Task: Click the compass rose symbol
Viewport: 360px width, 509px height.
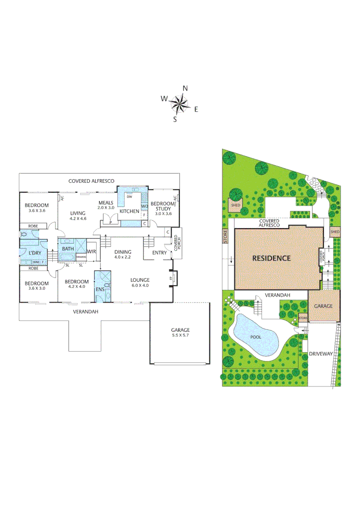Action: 179,103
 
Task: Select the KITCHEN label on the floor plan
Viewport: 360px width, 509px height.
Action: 129,212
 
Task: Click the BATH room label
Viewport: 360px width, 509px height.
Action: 68,249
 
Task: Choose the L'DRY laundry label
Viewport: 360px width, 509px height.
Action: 34,254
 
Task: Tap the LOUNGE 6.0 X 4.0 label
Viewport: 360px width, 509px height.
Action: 139,283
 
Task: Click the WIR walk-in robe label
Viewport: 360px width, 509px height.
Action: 91,252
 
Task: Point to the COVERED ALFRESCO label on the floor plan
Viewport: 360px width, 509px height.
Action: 91,181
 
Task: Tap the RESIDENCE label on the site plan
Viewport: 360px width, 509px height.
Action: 271,258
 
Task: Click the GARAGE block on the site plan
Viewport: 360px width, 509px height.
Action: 323,306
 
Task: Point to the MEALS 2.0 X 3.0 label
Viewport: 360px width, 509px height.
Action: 106,205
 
